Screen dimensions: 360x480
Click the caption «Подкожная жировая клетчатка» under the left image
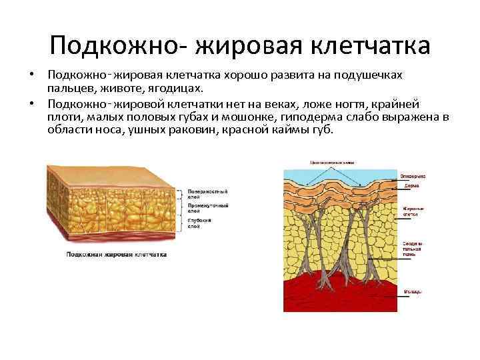(116, 255)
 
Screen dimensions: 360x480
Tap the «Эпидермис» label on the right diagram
(413, 176)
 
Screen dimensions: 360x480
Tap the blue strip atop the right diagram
(340, 171)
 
